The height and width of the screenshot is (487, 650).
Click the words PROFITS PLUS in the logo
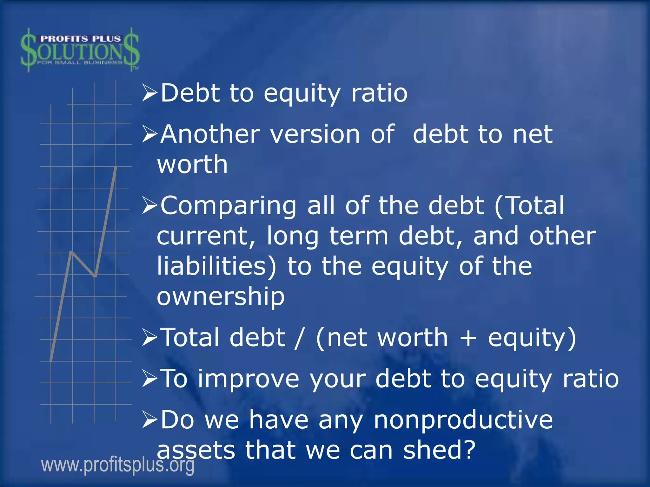click(x=80, y=39)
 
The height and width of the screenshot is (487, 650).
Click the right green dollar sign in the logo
click(x=131, y=49)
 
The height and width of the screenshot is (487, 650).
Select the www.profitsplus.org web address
click(x=118, y=465)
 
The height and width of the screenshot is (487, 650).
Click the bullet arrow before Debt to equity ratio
click(x=150, y=93)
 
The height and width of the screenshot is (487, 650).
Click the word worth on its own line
click(x=192, y=165)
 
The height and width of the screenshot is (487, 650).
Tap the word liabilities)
click(x=217, y=266)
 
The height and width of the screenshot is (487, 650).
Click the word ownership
click(x=221, y=296)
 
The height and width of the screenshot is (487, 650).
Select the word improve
click(x=249, y=379)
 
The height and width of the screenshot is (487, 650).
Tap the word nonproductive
click(x=463, y=420)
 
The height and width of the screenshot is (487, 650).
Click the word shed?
click(x=439, y=450)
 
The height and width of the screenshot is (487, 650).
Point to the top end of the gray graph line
click(x=116, y=167)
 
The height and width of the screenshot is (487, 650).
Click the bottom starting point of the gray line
click(x=51, y=360)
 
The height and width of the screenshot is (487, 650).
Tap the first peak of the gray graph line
click(x=72, y=252)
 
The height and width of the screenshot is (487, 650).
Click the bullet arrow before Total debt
click(x=150, y=338)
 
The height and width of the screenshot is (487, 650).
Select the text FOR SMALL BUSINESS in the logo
click(x=80, y=62)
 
